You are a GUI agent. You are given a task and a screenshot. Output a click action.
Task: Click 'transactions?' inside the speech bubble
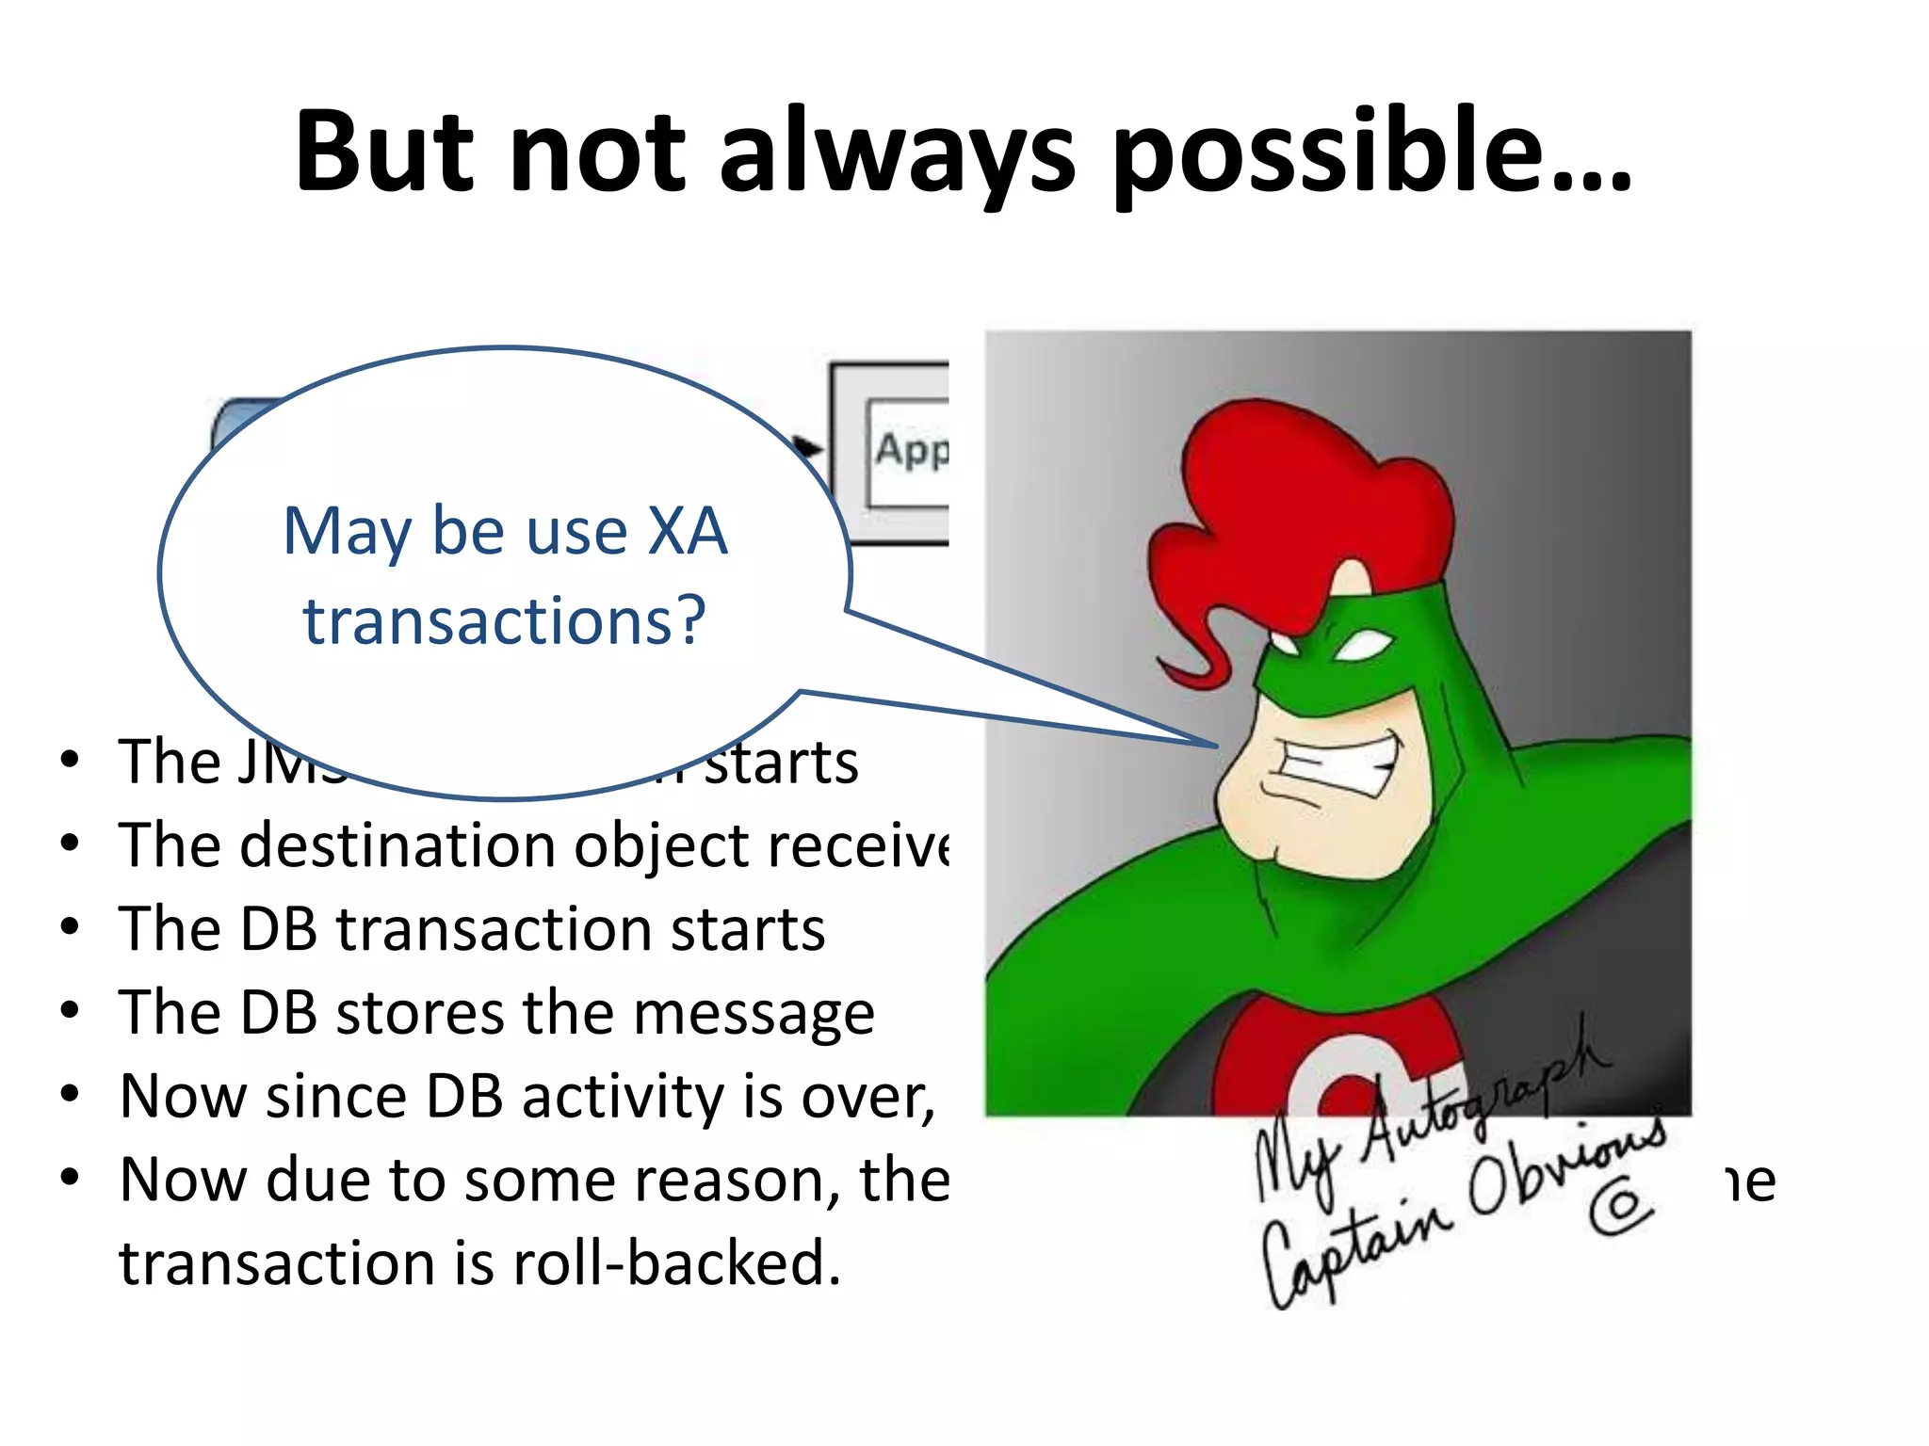point(505,621)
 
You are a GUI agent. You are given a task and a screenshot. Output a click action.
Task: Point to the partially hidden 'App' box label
point(910,450)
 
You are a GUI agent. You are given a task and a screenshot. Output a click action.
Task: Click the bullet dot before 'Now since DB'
point(70,1095)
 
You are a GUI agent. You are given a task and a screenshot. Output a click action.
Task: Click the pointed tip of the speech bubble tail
point(1217,747)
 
